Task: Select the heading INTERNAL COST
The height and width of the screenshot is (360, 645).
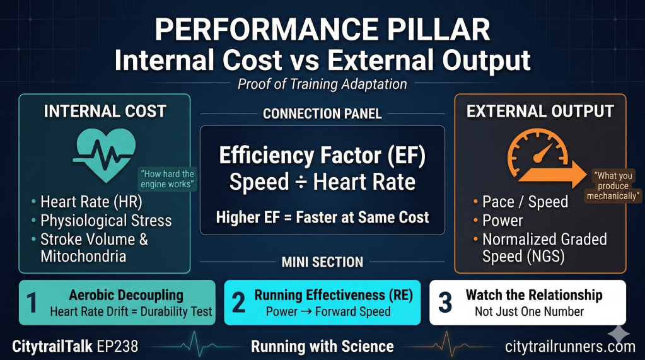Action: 105,112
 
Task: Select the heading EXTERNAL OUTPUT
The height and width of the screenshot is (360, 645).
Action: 540,112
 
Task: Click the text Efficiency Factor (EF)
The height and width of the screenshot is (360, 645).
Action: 322,156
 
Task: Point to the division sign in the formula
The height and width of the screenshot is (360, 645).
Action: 301,183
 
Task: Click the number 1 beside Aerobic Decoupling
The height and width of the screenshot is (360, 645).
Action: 32,303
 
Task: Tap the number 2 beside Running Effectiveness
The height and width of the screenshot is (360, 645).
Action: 238,303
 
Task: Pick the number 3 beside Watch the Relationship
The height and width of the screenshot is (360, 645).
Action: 445,303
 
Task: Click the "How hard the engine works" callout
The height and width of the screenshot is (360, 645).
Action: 167,179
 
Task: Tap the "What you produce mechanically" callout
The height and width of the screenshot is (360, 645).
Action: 613,185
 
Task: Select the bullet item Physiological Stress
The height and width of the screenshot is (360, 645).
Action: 106,221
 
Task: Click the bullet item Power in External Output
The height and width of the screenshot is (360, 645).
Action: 503,221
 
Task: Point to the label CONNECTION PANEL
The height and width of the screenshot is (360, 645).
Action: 322,113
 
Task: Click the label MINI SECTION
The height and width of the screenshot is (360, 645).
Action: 322,262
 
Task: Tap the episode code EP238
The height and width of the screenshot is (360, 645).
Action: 118,346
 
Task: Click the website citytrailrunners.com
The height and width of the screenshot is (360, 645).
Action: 570,347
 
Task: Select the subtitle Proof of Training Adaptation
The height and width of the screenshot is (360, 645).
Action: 322,84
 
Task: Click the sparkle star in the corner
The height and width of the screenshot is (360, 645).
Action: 619,334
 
